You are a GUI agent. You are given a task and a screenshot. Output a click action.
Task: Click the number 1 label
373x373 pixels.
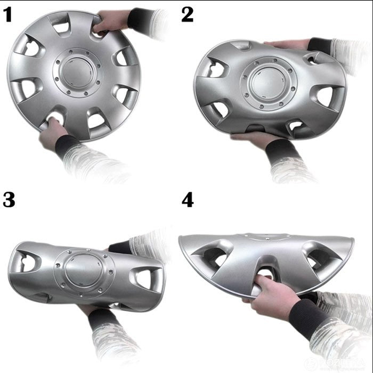[8, 14]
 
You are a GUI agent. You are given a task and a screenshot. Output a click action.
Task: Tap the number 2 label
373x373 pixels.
[188, 14]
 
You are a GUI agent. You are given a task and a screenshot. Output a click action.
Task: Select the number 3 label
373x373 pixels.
[9, 200]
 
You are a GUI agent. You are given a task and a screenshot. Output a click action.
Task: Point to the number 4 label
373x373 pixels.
[188, 200]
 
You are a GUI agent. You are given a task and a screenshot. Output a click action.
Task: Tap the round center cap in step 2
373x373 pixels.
[266, 85]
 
